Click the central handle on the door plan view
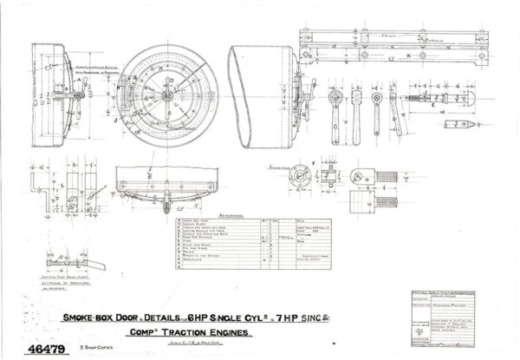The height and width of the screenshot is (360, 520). tap(165, 206)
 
